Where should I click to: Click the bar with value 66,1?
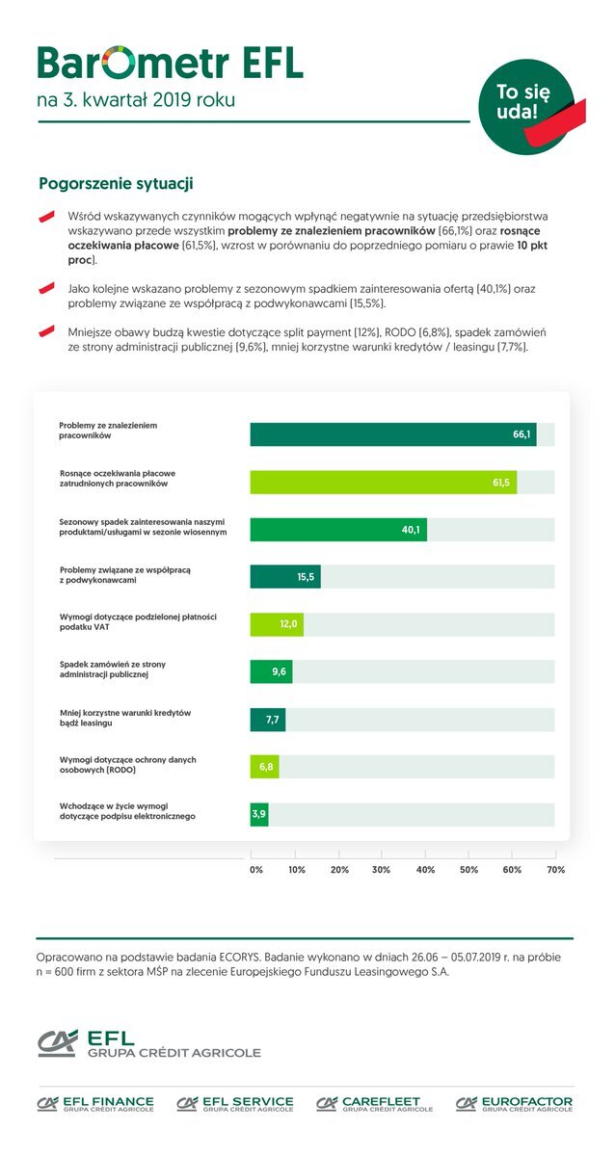[x=392, y=434]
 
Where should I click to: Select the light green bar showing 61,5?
[x=383, y=482]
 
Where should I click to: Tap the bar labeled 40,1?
[x=337, y=529]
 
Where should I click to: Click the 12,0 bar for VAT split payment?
[x=277, y=624]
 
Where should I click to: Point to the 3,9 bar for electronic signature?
[x=257, y=814]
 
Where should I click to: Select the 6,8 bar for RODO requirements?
[x=264, y=767]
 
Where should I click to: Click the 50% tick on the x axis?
[x=468, y=870]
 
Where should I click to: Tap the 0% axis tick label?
[x=256, y=870]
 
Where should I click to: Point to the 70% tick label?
[x=555, y=870]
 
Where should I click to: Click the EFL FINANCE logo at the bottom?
[x=95, y=1104]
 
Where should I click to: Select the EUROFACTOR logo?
[x=514, y=1104]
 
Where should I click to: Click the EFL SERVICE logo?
[x=235, y=1104]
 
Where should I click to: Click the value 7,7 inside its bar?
[x=272, y=720]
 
